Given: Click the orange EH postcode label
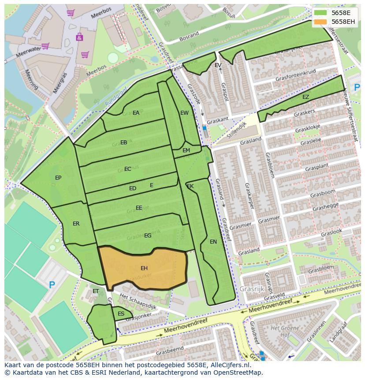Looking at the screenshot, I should [x=144, y=268].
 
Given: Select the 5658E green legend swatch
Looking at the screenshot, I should [x=320, y=13].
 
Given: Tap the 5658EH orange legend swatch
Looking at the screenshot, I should [x=320, y=22].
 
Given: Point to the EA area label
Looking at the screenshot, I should [x=136, y=113].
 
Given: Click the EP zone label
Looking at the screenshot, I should [x=58, y=178].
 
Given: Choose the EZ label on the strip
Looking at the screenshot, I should [x=305, y=97].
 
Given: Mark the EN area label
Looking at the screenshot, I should [x=213, y=242].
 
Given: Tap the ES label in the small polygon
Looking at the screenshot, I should [x=121, y=314].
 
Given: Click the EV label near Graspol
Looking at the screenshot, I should [x=218, y=65].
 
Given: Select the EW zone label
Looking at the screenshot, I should [x=184, y=113].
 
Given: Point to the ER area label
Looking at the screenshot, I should [x=76, y=224].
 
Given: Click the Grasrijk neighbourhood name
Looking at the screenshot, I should [x=252, y=289].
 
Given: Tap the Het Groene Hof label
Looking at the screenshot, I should [x=282, y=331].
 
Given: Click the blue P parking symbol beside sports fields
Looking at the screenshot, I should [x=52, y=285].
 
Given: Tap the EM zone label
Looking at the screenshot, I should [x=186, y=150].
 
